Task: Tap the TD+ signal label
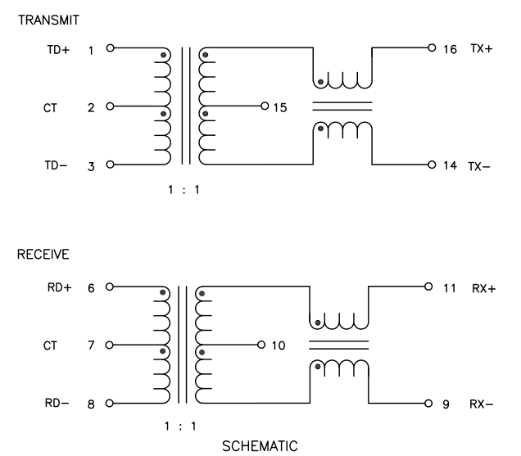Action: click(58, 49)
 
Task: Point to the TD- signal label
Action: click(58, 165)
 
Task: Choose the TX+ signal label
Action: click(482, 49)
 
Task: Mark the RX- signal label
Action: click(480, 404)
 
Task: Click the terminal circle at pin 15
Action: click(265, 106)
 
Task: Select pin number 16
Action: click(450, 49)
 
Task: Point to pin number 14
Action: click(450, 165)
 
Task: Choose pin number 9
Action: click(446, 404)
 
